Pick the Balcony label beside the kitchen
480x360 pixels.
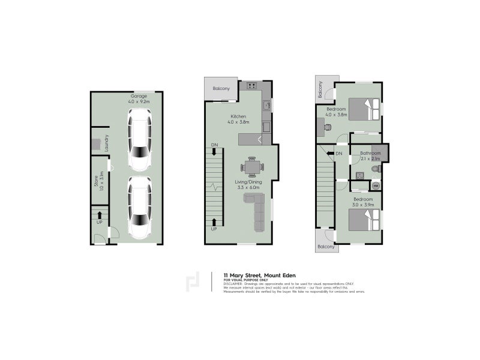point(221,89)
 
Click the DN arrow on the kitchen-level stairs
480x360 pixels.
point(214,149)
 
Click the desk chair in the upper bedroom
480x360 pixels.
point(328,127)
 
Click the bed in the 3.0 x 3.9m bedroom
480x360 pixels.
point(366,220)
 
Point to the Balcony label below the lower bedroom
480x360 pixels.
point(326,247)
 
